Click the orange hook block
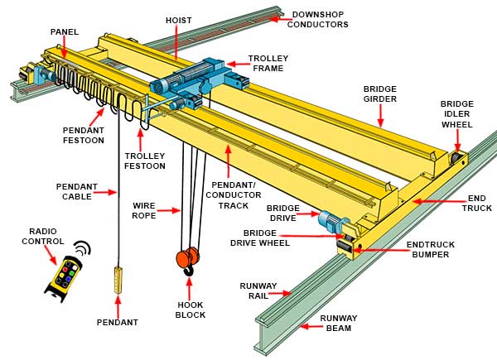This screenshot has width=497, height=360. pos(188,260)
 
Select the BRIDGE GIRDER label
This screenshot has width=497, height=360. pos(380,94)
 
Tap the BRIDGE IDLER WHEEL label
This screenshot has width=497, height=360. pos(456,114)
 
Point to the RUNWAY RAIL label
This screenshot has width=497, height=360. pos(258,290)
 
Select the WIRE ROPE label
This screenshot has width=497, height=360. pos(144,210)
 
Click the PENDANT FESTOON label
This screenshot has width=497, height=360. pos(83,135)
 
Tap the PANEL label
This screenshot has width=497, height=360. pos(64,32)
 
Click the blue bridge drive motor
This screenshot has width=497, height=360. pos(330,219)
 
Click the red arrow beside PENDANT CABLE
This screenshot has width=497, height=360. pos(104,192)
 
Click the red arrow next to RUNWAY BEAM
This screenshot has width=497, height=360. pos(309,326)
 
